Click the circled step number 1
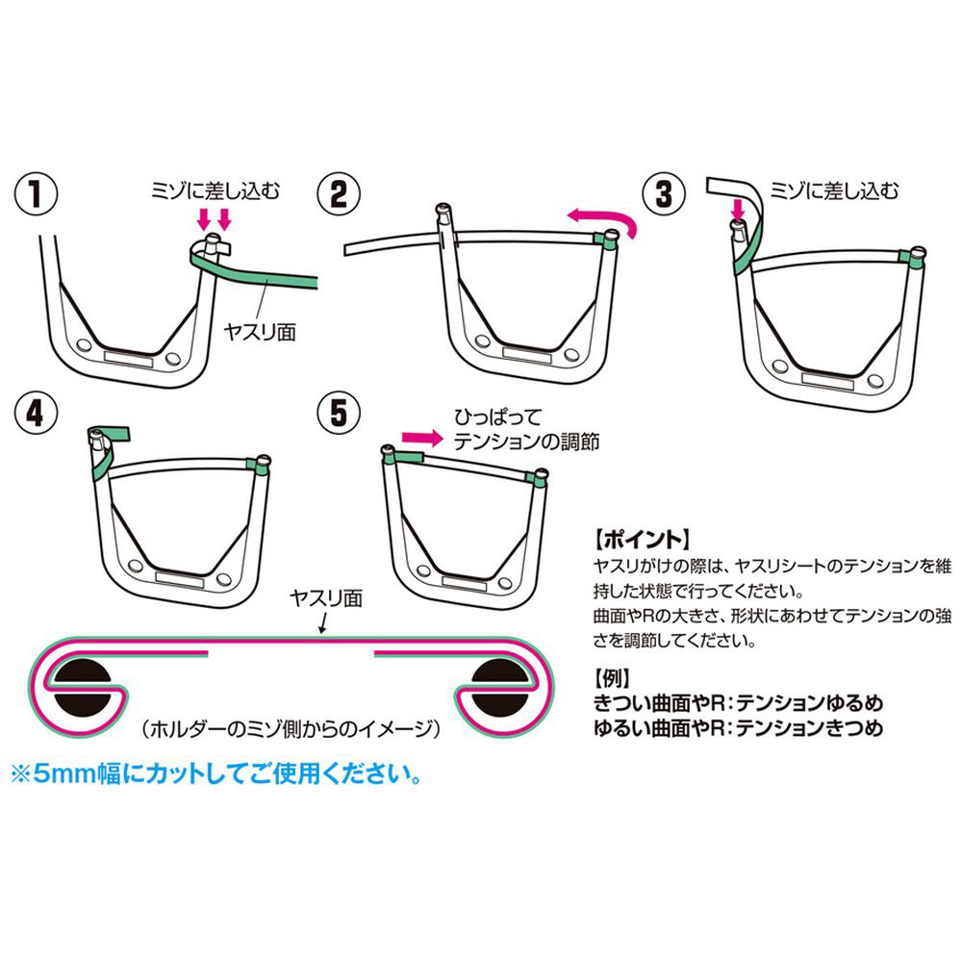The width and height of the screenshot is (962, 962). pyautogui.click(x=37, y=194)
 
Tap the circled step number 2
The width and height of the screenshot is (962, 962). pyautogui.click(x=339, y=194)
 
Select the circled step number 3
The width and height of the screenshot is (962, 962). pyautogui.click(x=665, y=194)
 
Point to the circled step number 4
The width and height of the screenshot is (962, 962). pyautogui.click(x=37, y=412)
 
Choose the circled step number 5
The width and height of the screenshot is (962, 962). pyautogui.click(x=339, y=412)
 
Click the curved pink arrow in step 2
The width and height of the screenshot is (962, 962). pyautogui.click(x=604, y=215)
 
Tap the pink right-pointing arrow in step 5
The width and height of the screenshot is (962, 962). pyautogui.click(x=422, y=438)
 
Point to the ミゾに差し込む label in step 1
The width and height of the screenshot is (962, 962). pyautogui.click(x=215, y=190)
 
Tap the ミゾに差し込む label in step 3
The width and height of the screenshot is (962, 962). pyautogui.click(x=834, y=190)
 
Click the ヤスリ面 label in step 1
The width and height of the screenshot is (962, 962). pyautogui.click(x=260, y=332)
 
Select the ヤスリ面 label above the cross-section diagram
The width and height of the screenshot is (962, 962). pyautogui.click(x=326, y=598)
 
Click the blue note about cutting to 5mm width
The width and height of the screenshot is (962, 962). pyautogui.click(x=217, y=774)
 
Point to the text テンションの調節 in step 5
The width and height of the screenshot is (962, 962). pyautogui.click(x=526, y=442)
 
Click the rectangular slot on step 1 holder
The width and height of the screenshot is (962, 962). pyautogui.click(x=128, y=359)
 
